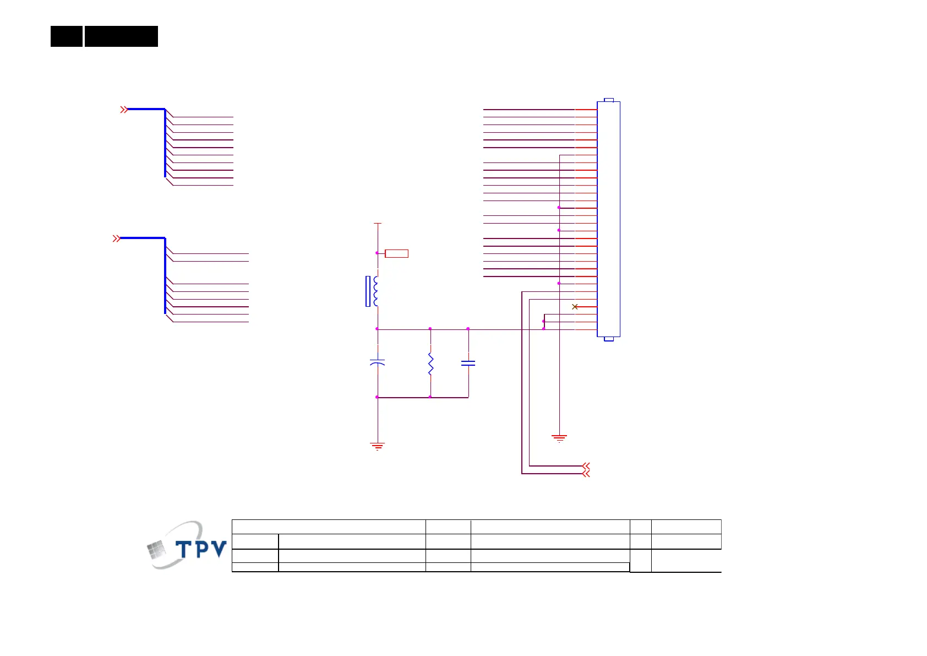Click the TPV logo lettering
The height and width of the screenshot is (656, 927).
(201, 549)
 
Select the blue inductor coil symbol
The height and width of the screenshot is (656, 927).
(375, 291)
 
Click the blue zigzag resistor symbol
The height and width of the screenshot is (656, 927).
(430, 365)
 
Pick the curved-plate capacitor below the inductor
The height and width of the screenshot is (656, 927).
(377, 363)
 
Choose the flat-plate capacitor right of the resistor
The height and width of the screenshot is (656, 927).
(468, 363)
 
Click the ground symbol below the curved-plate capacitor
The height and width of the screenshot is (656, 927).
(377, 446)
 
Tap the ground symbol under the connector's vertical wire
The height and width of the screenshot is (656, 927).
(559, 438)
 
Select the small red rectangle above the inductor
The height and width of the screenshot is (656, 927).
(396, 253)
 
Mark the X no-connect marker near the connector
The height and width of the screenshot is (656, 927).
(575, 307)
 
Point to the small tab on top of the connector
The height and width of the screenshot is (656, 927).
(608, 100)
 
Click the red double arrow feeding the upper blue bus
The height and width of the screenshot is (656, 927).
(124, 110)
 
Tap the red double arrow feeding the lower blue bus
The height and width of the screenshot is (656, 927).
(116, 238)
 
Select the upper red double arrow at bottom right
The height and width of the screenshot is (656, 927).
(586, 466)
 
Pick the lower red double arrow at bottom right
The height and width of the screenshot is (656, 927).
(586, 474)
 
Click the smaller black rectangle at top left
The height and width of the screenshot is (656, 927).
(67, 36)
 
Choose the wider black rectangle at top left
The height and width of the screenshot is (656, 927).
(121, 36)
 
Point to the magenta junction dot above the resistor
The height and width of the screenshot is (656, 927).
(430, 329)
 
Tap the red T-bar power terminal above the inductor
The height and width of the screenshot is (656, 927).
(378, 224)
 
